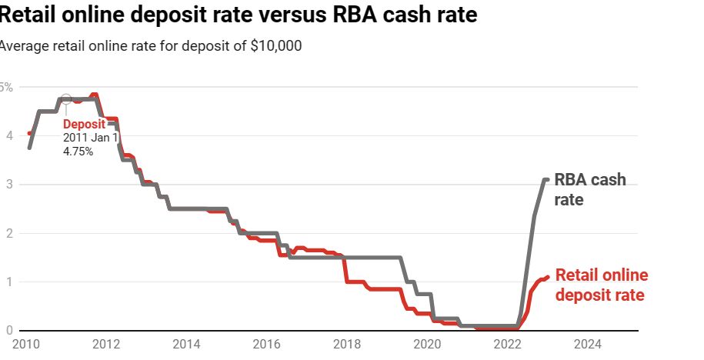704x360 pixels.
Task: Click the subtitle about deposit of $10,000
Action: click(151, 46)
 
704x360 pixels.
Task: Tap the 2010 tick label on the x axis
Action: click(25, 343)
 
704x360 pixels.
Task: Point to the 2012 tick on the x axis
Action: click(106, 343)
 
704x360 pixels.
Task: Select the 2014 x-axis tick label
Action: click(187, 343)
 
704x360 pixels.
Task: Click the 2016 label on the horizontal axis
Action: click(266, 343)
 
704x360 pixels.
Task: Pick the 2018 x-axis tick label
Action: click(347, 343)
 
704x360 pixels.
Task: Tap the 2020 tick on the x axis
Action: click(427, 343)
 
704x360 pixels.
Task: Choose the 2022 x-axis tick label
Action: click(508, 343)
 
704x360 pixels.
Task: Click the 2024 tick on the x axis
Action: click(588, 343)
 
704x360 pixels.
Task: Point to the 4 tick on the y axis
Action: click(8, 135)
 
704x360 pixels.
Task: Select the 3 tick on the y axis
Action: click(8, 185)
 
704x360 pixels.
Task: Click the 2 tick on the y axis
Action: click(8, 233)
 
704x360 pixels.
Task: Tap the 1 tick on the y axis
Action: click(8, 282)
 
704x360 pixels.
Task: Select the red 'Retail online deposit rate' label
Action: click(602, 285)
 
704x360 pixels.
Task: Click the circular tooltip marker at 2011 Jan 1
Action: click(65, 99)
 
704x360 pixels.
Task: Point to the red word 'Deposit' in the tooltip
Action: click(83, 124)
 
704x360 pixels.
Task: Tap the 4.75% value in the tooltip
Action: click(78, 152)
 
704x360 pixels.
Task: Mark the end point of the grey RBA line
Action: click(547, 179)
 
